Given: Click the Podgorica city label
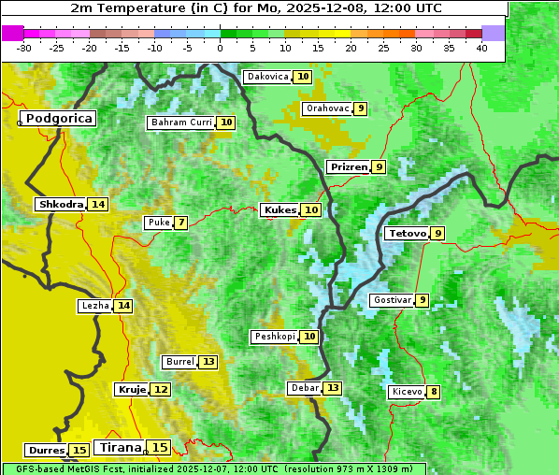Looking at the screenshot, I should [x=58, y=119].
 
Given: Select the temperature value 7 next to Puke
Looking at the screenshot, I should [x=180, y=223].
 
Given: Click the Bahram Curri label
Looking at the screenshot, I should [x=181, y=122].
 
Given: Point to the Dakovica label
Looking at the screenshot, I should [x=267, y=77].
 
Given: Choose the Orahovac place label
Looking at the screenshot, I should [x=327, y=108].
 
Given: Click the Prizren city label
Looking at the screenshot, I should [x=348, y=167].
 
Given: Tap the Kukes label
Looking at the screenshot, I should [x=279, y=210].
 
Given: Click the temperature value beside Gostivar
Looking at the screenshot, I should [x=423, y=300].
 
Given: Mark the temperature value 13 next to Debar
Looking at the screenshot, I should [x=333, y=388].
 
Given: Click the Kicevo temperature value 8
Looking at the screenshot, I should [x=433, y=392].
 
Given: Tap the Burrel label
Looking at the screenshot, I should [x=179, y=362].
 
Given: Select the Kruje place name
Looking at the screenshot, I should [x=132, y=389].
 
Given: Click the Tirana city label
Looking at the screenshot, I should [x=120, y=448].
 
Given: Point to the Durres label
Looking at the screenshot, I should [x=47, y=451].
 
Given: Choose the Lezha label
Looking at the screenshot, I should [x=95, y=306].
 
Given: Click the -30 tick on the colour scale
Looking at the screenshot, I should [x=24, y=47].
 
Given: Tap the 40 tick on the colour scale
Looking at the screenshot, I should [x=481, y=47].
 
